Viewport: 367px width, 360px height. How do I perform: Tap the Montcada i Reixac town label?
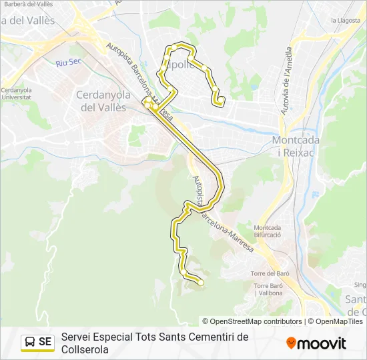pos(296,145)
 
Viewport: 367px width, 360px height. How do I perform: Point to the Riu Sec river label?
pos(67,63)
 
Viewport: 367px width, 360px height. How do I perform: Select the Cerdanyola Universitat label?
pos(17,93)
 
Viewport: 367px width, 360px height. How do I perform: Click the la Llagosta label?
pos(346,21)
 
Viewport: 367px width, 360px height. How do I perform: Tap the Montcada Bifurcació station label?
pos(267,231)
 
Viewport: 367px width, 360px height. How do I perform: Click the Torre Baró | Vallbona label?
pos(268,289)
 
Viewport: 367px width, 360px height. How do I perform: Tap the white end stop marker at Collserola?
pos(200,283)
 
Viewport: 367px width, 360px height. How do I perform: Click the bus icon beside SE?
pos(30,342)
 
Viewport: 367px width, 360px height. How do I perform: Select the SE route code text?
pos(45,342)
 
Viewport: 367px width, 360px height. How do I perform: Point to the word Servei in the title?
pos(75,337)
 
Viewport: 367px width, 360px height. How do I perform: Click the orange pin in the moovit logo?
pos(291,343)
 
